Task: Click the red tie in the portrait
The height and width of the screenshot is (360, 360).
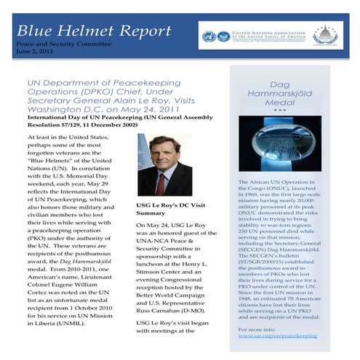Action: pos(161,182)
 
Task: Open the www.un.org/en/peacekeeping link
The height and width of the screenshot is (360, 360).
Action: pos(278,336)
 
